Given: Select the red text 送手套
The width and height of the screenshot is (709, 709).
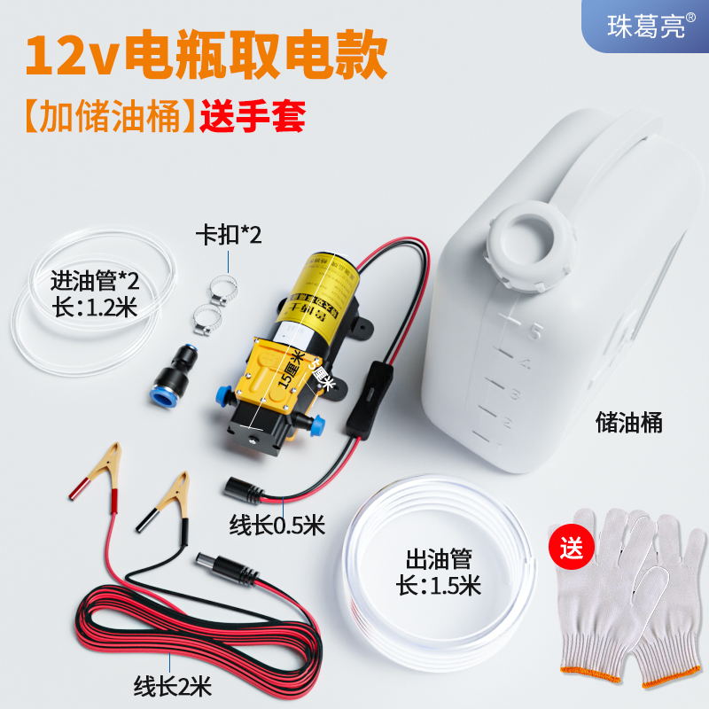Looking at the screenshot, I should (253, 116).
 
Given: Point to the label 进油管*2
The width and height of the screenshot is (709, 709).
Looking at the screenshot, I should (95, 283).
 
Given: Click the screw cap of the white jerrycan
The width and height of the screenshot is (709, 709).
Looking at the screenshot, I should (532, 240).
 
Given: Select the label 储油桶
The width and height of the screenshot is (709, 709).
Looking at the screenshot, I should (628, 423).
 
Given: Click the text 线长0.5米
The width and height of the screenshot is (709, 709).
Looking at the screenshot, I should (277, 526).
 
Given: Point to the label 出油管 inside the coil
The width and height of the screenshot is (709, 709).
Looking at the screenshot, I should (439, 559).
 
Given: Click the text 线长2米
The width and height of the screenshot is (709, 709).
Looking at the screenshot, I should (174, 684).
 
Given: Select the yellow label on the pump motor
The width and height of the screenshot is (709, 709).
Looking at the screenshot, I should (323, 284).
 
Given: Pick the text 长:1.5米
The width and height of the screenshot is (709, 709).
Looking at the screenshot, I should (439, 586).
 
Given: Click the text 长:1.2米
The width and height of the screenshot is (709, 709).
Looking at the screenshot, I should (95, 309).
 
